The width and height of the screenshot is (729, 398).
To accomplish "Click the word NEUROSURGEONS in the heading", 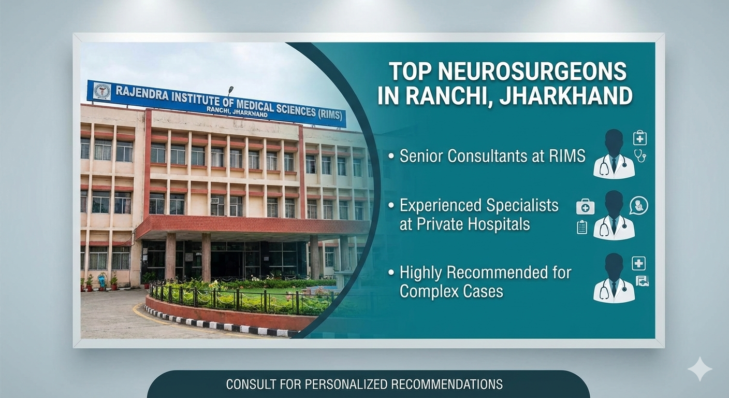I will coord(532,72).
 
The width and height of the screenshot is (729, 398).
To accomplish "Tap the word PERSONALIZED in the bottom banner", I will coord(345,385).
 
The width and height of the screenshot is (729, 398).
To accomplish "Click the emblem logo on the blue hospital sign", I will coord(102,92).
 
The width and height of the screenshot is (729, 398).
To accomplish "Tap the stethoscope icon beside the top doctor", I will coord(640,155).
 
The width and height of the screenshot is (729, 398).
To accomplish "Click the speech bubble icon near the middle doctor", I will coord(638,205).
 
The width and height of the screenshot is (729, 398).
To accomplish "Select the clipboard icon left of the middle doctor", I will coord(582,227).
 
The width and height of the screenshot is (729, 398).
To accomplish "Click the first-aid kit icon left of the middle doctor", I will coord(585,207).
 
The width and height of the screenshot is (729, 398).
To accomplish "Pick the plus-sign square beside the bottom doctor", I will coord(638,263).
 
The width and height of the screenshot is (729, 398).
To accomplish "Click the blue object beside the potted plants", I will coord(101,281).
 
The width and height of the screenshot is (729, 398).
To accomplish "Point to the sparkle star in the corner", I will coord(699,368).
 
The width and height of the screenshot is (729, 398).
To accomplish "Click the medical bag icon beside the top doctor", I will coord(640,138).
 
